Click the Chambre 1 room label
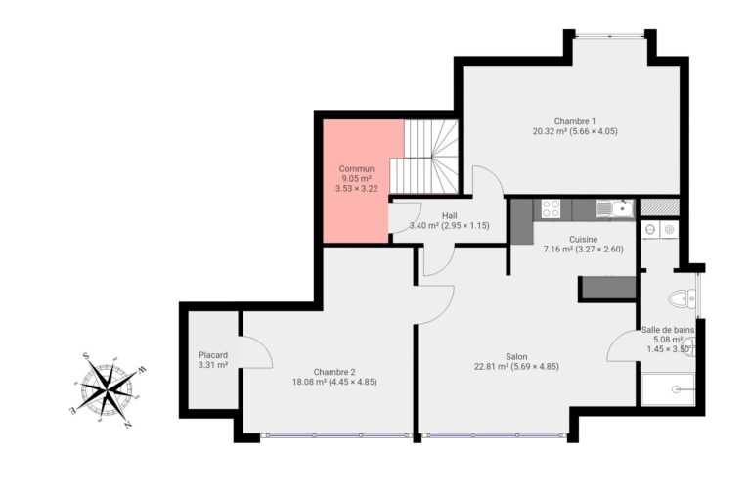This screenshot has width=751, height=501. pos(575,120)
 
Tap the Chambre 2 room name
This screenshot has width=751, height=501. pos(333,372)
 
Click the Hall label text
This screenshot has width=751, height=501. pos(449,215)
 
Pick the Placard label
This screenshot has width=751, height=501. pos(212,355)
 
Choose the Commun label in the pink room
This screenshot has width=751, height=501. pos(357,169)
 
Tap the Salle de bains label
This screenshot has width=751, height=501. pos(668,330)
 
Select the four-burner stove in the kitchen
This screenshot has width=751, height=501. pos(550,208)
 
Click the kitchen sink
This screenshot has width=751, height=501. pos(618,207)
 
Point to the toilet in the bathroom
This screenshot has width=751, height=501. pos(679,298)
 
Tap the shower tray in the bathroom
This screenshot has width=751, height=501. pos(667,389)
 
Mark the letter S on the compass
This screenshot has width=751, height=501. pos(86,356)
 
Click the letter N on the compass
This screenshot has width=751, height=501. pos(129,427)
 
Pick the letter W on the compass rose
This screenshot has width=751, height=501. pos(142,370)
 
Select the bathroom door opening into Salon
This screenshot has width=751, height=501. pos(622,347)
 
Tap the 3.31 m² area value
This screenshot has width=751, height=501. pos(212,366)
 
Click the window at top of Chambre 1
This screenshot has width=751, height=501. pos(609,36)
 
